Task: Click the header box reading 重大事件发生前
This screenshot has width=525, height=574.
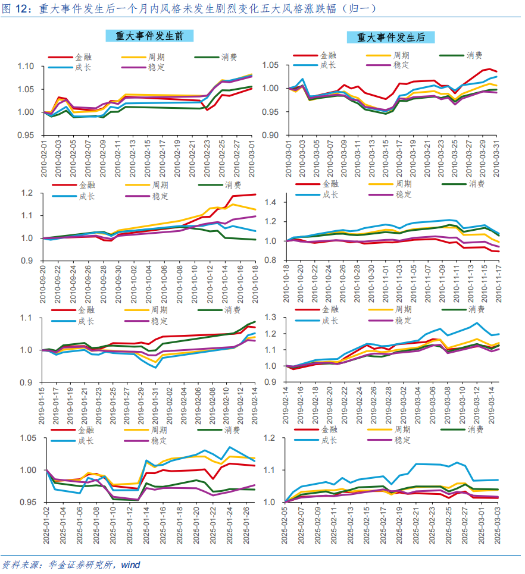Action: (150, 36)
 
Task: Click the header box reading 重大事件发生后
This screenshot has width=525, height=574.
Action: (391, 37)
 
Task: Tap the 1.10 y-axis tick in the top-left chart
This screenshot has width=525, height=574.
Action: (27, 66)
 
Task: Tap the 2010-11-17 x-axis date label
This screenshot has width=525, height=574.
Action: (498, 283)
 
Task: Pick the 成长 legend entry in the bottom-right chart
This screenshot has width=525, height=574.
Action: (329, 440)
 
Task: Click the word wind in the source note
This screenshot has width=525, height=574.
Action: (130, 564)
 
